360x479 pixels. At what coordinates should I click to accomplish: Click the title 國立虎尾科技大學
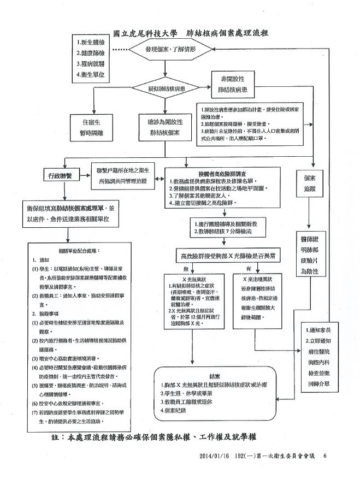[144, 33]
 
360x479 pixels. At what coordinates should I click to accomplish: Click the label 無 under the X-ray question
[186, 268]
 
